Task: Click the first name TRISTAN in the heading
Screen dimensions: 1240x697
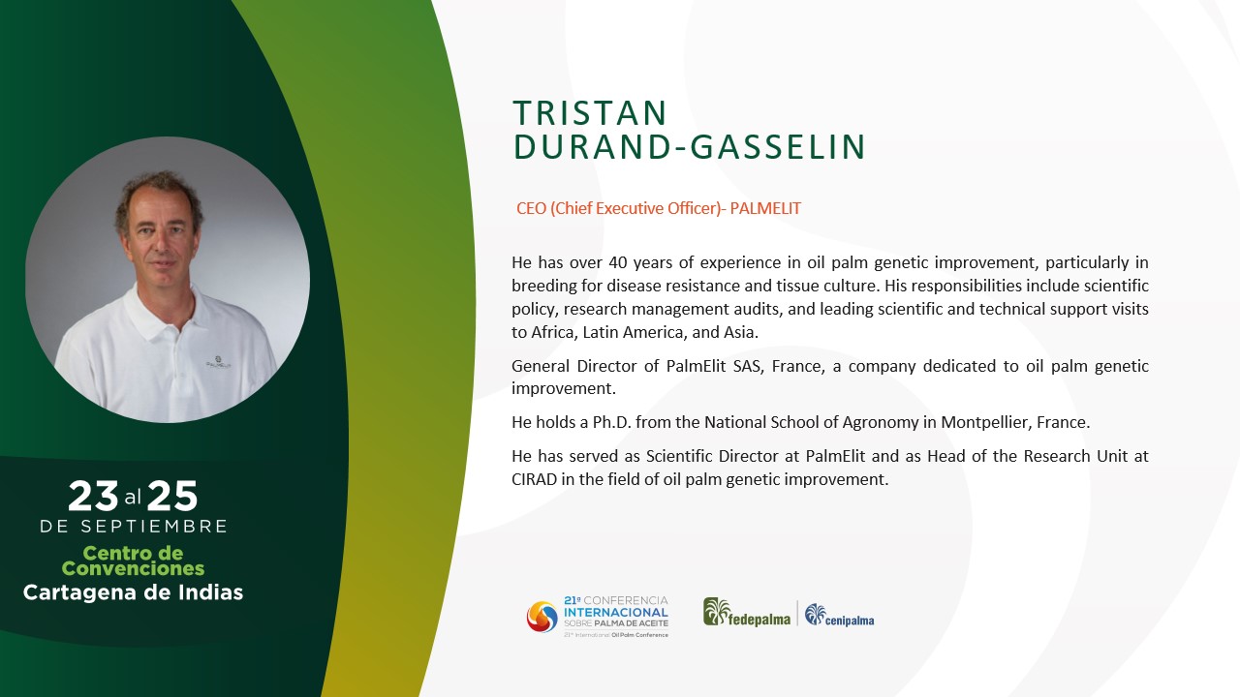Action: click(x=590, y=113)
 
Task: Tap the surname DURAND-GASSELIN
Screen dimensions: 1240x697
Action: click(x=689, y=147)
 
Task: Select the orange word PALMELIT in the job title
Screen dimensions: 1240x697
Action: click(x=765, y=208)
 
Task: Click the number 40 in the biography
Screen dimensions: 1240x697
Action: click(x=617, y=262)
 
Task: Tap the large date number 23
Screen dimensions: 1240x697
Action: click(x=93, y=497)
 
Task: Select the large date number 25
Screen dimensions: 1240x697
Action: click(x=172, y=497)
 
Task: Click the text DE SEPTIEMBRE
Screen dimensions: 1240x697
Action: click(x=134, y=526)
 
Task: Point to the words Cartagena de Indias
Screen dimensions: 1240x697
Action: click(x=133, y=592)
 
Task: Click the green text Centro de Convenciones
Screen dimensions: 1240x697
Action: click(x=133, y=561)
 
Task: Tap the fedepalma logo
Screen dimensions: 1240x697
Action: click(x=747, y=613)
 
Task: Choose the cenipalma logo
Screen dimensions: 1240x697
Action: click(x=839, y=615)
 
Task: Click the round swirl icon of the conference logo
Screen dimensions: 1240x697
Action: click(x=542, y=617)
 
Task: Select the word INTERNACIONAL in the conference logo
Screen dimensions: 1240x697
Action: click(x=616, y=613)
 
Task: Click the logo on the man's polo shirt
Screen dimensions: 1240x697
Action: click(x=219, y=362)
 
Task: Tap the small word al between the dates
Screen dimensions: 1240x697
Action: click(x=133, y=498)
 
